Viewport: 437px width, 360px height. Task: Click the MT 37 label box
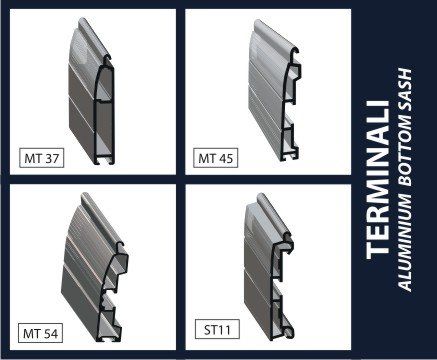tap(42, 158)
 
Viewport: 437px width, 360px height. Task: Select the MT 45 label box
tap(216, 158)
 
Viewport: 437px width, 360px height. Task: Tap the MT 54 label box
tap(41, 333)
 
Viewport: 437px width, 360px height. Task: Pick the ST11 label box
tap(217, 329)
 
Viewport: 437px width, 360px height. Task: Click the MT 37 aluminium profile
tap(92, 93)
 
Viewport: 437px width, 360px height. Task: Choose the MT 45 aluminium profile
tap(273, 90)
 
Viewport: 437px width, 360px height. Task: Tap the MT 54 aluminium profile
tap(95, 267)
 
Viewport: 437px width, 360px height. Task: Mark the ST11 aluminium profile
tap(268, 267)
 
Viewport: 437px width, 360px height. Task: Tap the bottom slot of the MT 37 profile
tap(104, 161)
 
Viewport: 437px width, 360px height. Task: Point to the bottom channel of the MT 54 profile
tap(108, 337)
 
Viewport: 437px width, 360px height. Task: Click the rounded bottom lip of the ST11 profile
tap(289, 332)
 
